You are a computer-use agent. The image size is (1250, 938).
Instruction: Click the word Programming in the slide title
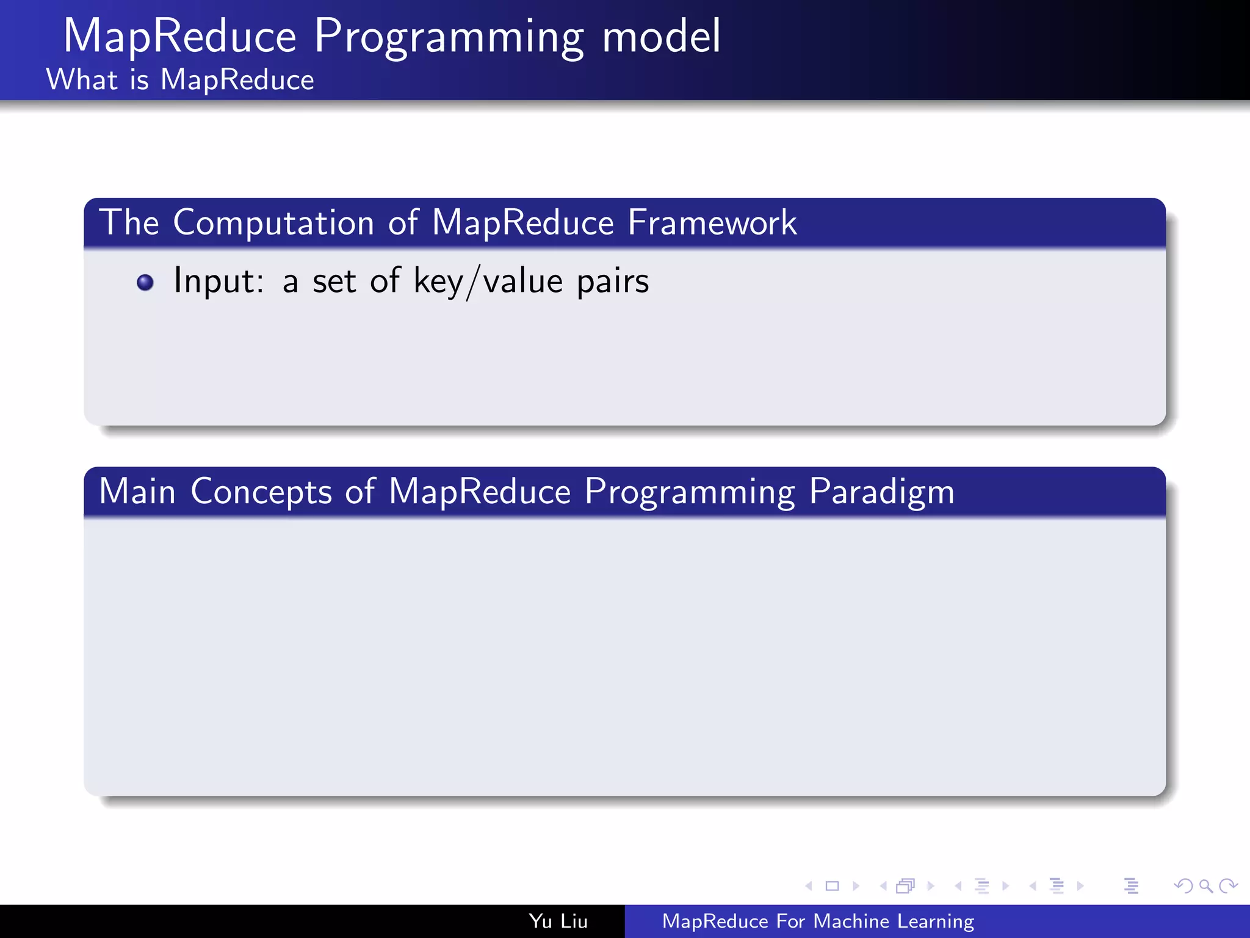point(449,38)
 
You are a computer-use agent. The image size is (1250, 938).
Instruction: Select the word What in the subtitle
point(82,80)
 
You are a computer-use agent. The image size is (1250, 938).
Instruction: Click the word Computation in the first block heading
point(273,223)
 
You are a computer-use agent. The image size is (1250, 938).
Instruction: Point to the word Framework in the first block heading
point(712,223)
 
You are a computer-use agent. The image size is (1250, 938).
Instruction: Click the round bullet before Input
point(145,283)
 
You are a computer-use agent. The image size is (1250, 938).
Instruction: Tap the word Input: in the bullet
point(219,282)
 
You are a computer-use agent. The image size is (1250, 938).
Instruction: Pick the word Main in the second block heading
point(137,492)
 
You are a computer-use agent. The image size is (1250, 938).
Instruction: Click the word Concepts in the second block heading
point(261,492)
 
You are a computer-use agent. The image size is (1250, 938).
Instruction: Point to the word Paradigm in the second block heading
point(881,492)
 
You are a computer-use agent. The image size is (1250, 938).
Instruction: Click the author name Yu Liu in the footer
point(558,922)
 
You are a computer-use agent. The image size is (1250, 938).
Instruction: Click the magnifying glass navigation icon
point(1205,886)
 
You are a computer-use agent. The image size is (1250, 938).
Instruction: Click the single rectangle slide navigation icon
point(832,886)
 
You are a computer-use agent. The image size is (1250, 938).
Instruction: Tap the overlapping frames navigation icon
point(906,886)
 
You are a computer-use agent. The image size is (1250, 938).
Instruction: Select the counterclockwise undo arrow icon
point(1183,886)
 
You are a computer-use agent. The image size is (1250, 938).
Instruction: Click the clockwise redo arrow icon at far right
point(1228,886)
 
